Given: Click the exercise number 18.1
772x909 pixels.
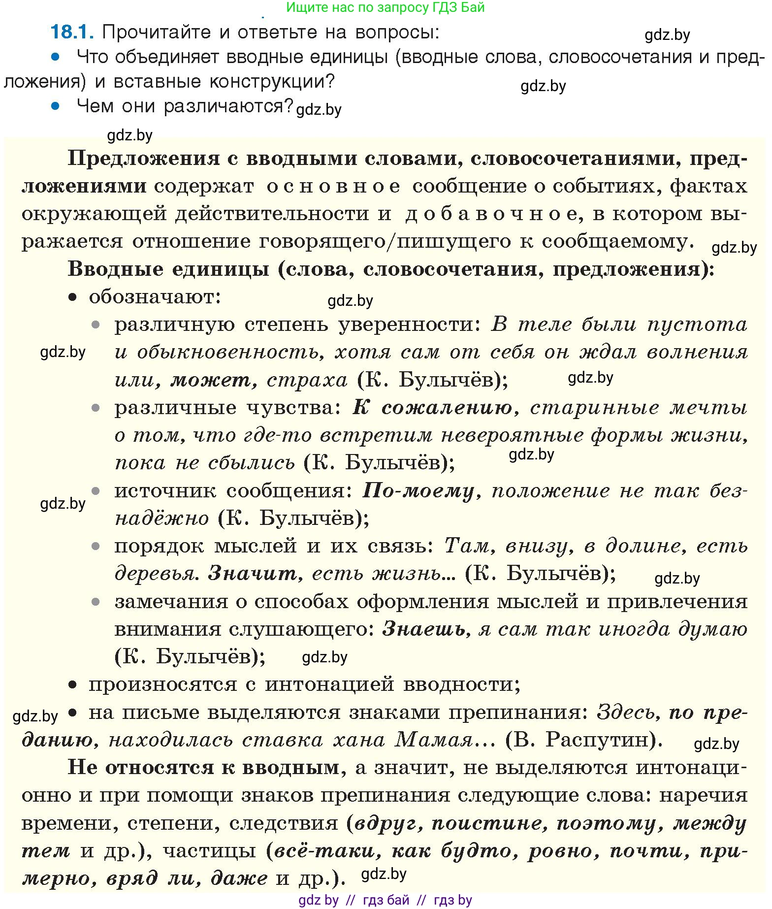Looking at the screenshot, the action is (x=72, y=32).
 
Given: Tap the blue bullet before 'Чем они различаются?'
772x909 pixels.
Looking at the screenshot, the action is (x=56, y=105).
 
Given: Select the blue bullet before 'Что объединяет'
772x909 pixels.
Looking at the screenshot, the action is (x=56, y=57).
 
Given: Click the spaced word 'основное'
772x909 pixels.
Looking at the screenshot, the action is (x=333, y=187).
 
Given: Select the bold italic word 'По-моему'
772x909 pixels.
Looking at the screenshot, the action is (x=418, y=491).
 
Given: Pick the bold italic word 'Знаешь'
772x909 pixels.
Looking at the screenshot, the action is (x=424, y=629).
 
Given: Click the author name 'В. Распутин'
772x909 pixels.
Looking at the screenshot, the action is (x=584, y=740).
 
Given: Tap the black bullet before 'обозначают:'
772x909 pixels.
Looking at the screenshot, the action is (x=73, y=297).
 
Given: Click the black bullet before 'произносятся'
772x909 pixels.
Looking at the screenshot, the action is (x=73, y=684).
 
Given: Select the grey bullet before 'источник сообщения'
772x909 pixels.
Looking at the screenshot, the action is (x=96, y=491).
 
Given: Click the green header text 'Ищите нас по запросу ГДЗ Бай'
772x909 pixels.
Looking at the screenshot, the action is (x=386, y=7).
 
